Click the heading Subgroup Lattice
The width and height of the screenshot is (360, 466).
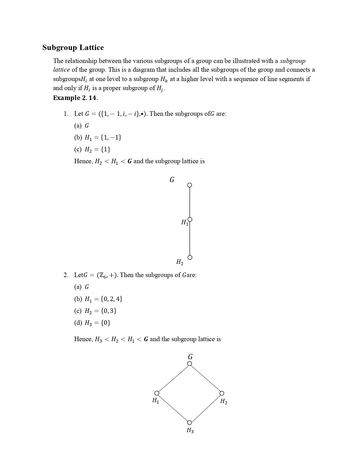(x=73, y=47)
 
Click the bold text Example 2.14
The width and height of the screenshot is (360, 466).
(x=75, y=98)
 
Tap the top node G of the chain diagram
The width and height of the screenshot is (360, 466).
(x=190, y=185)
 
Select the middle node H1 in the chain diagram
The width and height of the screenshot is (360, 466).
(x=190, y=219)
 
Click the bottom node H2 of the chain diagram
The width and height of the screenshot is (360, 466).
(x=190, y=257)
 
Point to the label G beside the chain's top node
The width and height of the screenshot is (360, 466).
(x=172, y=180)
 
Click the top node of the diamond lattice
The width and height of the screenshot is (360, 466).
(x=190, y=363)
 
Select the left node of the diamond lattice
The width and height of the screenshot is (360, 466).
(x=157, y=393)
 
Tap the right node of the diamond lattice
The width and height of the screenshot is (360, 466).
(x=222, y=393)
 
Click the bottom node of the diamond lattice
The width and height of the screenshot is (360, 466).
(x=190, y=423)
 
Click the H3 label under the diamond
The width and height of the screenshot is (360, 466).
(x=190, y=430)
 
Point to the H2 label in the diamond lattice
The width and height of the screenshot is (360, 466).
(x=224, y=401)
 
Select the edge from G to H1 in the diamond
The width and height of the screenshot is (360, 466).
(x=173, y=378)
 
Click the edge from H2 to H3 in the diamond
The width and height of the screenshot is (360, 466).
(x=206, y=408)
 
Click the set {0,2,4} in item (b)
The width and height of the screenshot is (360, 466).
(x=111, y=299)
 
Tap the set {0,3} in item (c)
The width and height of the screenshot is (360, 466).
(x=108, y=311)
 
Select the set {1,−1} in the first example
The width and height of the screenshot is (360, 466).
(x=111, y=138)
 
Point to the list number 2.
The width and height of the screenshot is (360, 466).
(x=66, y=275)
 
